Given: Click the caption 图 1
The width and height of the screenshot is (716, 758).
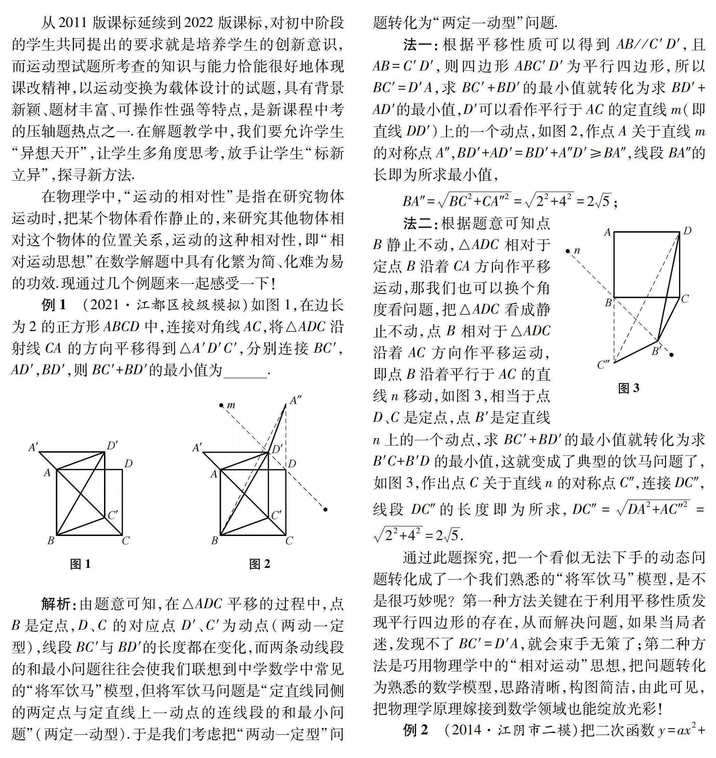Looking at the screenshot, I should pyautogui.click(x=80, y=564).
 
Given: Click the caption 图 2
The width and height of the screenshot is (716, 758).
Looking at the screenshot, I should pyautogui.click(x=260, y=564).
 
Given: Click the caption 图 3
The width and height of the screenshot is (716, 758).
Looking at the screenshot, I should pyautogui.click(x=628, y=388).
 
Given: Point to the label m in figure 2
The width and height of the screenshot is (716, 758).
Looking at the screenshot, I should pyautogui.click(x=231, y=405).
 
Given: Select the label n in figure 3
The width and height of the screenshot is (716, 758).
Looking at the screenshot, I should pyautogui.click(x=577, y=250).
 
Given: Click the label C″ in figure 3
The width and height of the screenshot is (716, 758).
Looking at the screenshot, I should pyautogui.click(x=603, y=365).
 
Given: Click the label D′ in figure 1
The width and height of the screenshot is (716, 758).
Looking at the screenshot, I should pyautogui.click(x=112, y=445).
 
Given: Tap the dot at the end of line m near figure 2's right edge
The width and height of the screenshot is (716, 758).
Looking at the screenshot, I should pyautogui.click(x=325, y=509).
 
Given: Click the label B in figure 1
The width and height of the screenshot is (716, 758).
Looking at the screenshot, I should pyautogui.click(x=51, y=540).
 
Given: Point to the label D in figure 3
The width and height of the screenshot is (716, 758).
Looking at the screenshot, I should pyautogui.click(x=687, y=231).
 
